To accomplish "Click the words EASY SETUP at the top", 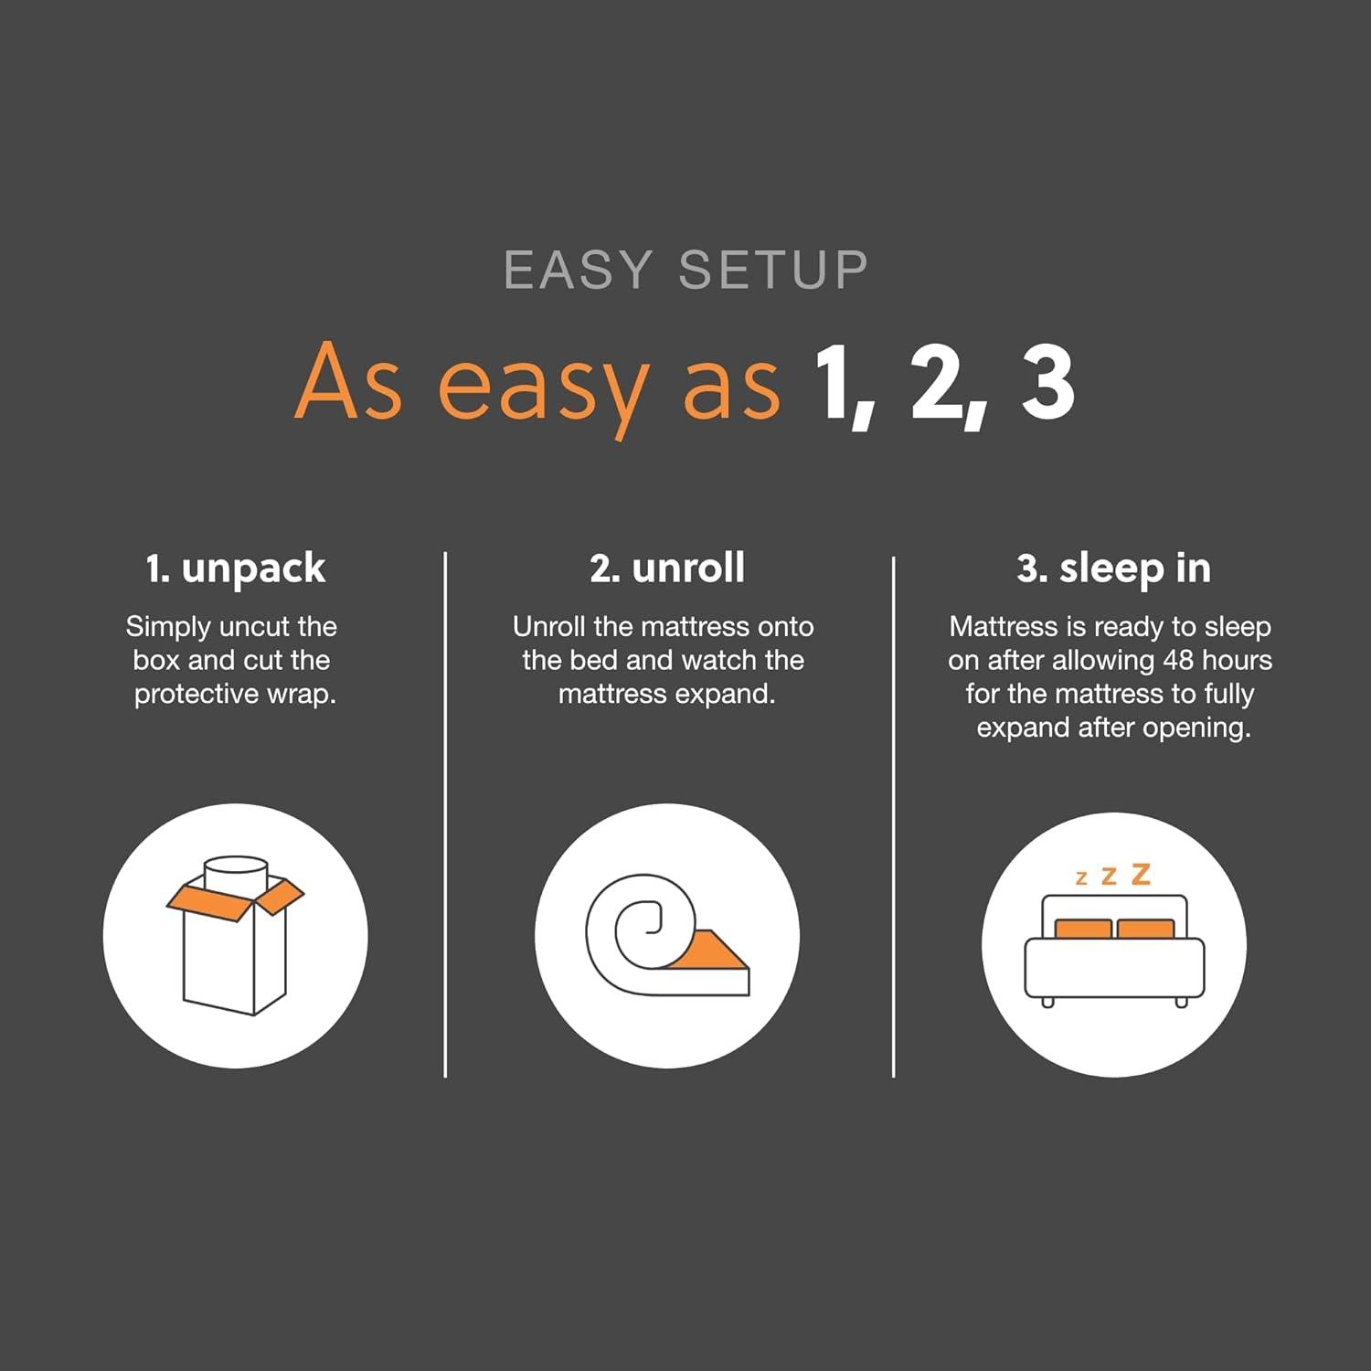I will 685,270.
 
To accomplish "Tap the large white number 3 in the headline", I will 1047,384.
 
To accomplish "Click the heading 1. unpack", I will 235,569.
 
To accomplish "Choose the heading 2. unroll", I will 667,568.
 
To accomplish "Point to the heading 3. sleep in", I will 1113,569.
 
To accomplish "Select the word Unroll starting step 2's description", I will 549,627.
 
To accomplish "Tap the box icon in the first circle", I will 235,951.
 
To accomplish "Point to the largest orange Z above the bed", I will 1141,875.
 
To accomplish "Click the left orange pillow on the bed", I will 1083,930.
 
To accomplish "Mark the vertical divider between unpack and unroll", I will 445,813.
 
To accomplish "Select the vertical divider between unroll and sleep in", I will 893,813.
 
